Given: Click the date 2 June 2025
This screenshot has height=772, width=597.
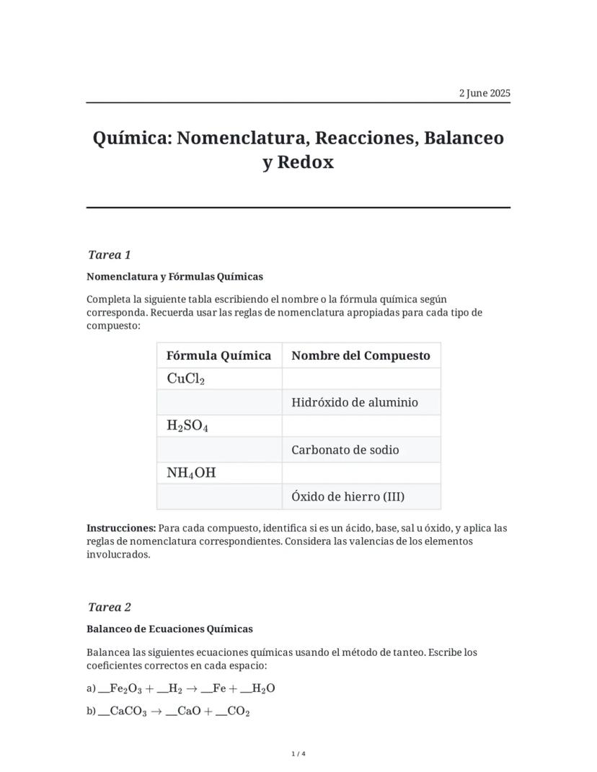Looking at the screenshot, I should pyautogui.click(x=485, y=93).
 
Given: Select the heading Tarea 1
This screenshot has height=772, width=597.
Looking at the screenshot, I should pyautogui.click(x=109, y=254).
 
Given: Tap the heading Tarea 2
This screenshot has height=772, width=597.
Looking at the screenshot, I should pyautogui.click(x=109, y=607).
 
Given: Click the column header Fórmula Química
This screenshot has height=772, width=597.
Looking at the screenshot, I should pyautogui.click(x=218, y=355).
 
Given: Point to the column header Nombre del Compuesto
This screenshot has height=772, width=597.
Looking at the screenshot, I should pyautogui.click(x=361, y=355).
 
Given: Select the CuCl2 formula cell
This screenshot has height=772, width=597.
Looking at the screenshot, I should pyautogui.click(x=186, y=379).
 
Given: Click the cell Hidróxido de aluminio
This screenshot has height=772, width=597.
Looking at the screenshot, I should pyautogui.click(x=355, y=402).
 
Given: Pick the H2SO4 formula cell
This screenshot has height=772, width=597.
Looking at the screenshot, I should pyautogui.click(x=187, y=426).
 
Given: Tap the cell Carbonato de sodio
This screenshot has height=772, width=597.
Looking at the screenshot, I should pyautogui.click(x=345, y=450).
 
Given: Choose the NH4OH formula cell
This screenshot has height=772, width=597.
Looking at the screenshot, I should pyautogui.click(x=191, y=473).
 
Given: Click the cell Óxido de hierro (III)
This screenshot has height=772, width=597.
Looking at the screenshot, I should pyautogui.click(x=348, y=497).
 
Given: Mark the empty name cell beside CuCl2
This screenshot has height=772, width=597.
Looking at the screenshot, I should pyautogui.click(x=361, y=379).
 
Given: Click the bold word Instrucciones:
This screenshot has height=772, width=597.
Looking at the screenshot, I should pyautogui.click(x=121, y=528).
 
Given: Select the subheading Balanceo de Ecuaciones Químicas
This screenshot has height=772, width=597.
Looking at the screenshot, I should pyautogui.click(x=169, y=629).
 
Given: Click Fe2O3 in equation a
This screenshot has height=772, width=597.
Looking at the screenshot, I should pyautogui.click(x=125, y=688).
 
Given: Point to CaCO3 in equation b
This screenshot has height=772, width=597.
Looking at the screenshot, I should pyautogui.click(x=128, y=711).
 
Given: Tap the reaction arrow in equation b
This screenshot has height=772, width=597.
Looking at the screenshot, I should pyautogui.click(x=155, y=711).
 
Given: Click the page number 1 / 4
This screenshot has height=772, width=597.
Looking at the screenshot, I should pyautogui.click(x=298, y=754).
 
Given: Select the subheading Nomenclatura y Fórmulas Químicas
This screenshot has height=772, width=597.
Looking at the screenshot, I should pyautogui.click(x=174, y=276).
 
